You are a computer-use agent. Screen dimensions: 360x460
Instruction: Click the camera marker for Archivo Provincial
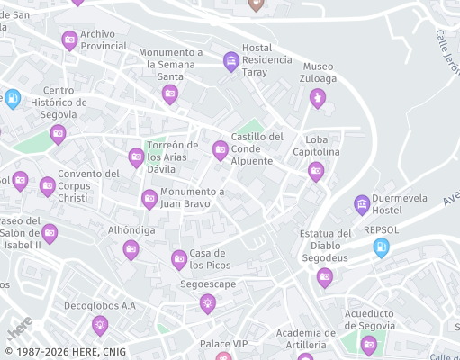69,40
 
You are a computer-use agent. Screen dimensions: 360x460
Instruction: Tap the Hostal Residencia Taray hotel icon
230,60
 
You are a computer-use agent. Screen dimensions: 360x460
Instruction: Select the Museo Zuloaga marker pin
317,96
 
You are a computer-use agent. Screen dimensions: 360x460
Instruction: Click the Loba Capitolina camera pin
315,170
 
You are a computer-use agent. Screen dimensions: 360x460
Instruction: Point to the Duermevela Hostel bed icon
362,204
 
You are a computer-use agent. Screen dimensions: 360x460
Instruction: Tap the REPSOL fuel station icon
382,247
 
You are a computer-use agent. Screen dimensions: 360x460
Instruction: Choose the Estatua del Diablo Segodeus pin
325,276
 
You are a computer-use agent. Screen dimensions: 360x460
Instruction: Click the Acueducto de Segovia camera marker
368,343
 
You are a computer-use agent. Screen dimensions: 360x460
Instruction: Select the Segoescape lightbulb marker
208,302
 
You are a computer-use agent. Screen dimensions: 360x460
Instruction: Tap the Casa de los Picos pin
179,259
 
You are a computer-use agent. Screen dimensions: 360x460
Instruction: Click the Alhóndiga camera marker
131,248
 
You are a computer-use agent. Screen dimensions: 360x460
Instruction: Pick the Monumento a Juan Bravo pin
149,198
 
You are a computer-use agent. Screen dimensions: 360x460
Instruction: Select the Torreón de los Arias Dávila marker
136,157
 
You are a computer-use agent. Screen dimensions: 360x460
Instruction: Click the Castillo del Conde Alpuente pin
220,149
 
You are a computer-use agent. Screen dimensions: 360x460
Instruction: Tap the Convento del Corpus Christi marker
47,186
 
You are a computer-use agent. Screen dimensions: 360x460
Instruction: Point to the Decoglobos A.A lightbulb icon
99,324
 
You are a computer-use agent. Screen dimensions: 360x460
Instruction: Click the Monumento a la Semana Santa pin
169,94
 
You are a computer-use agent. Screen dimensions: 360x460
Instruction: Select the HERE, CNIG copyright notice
65,352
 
